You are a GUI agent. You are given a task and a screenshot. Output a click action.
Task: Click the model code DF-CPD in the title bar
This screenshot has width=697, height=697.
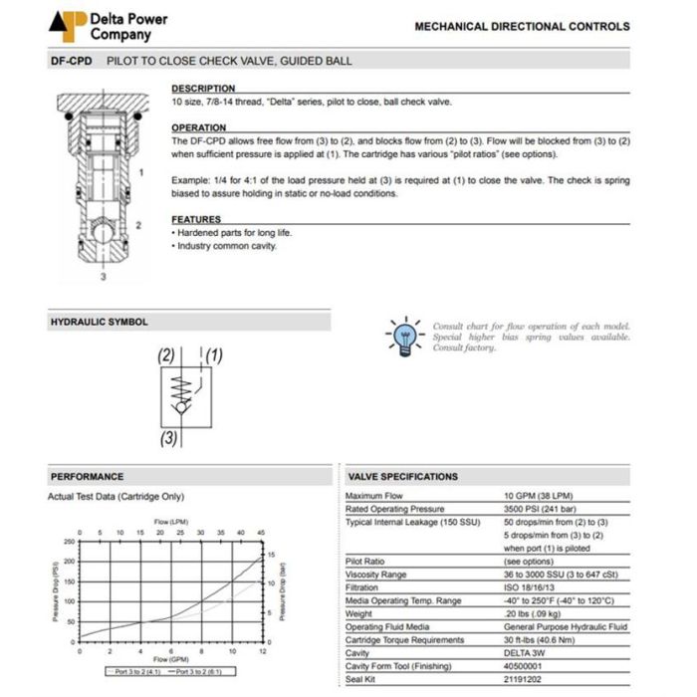tap(72, 61)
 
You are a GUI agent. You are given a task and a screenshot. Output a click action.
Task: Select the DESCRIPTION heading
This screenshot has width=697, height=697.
tap(203, 89)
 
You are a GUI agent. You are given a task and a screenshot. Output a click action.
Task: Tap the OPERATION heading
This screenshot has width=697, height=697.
tap(199, 127)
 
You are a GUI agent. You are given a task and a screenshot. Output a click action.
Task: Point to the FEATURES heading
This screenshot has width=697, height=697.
tap(196, 219)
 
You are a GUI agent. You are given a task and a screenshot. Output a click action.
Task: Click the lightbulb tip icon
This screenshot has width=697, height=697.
tap(405, 337)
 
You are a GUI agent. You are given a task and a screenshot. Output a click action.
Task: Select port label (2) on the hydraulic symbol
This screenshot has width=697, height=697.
tap(166, 355)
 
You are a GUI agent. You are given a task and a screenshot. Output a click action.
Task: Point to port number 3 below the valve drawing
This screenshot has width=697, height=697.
tap(102, 278)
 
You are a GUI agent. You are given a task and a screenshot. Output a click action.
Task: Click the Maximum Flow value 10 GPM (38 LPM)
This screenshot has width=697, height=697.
tap(539, 496)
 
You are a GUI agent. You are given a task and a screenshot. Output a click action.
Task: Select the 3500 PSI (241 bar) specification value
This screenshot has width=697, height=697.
tap(538, 509)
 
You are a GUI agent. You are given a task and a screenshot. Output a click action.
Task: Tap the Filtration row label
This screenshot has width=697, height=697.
tap(364, 587)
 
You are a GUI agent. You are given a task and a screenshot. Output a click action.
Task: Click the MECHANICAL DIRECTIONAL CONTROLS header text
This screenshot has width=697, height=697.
tap(522, 27)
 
